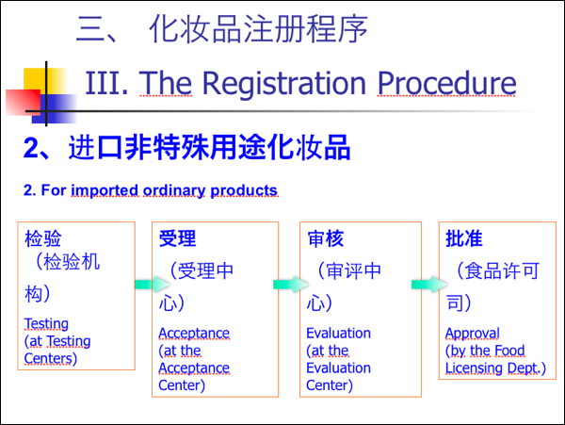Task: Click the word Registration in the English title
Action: [284, 84]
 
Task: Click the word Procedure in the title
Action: [446, 83]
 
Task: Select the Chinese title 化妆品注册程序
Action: [258, 29]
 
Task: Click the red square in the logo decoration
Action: [23, 103]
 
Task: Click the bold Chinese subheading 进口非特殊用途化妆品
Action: [209, 147]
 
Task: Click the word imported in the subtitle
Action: [105, 190]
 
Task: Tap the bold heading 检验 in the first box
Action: [43, 238]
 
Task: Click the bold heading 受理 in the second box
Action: [177, 238]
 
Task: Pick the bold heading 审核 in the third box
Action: [326, 238]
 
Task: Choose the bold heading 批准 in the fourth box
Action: [463, 238]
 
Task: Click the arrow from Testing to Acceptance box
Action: [152, 285]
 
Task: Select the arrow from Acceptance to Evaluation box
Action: [291, 285]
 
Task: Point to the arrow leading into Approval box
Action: [429, 285]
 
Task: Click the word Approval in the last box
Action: [473, 334]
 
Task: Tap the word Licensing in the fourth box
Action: [475, 368]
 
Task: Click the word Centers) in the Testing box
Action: [51, 358]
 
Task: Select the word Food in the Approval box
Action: [509, 351]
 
